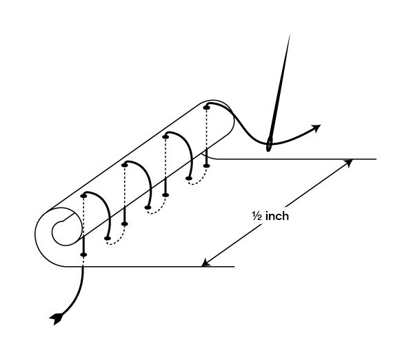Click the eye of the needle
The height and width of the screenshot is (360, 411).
pyautogui.click(x=269, y=144)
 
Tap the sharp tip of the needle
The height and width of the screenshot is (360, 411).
pyautogui.click(x=290, y=35)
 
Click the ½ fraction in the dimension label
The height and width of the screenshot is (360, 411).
pyautogui.click(x=257, y=216)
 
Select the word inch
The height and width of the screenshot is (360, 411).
pyautogui.click(x=277, y=216)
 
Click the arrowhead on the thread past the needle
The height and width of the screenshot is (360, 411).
pyautogui.click(x=317, y=128)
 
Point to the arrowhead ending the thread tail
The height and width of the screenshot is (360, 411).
pyautogui.click(x=56, y=318)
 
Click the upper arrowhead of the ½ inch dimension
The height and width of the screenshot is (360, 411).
pyautogui.click(x=349, y=162)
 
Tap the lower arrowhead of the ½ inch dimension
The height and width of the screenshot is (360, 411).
pyautogui.click(x=205, y=263)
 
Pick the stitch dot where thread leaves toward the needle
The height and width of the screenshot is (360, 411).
pyautogui.click(x=207, y=107)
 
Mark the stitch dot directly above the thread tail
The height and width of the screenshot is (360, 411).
pyautogui.click(x=83, y=254)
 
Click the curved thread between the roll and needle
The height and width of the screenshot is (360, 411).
pyautogui.click(x=243, y=126)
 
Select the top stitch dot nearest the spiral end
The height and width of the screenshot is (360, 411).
pyautogui.click(x=83, y=196)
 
